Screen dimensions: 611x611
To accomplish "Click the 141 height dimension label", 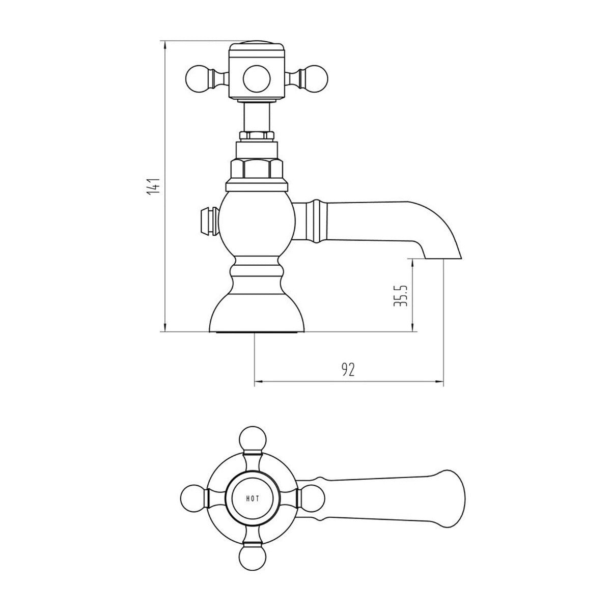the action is point(153,186).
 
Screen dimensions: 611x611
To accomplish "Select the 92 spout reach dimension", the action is point(348,369).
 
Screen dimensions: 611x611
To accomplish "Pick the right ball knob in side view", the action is point(315,78).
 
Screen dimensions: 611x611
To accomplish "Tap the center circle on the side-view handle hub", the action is point(256,79).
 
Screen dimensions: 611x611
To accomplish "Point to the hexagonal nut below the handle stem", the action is point(256,170).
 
